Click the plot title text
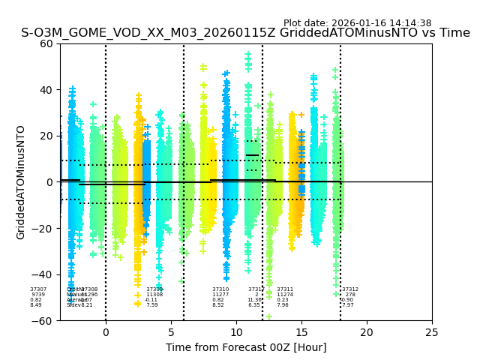pos(245,33)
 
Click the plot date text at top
pos(357,23)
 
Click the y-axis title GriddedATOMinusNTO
pos(21,182)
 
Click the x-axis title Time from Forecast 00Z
pos(246,347)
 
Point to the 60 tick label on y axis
pos(46,43)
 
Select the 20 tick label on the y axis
pos(46,136)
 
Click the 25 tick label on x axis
pos(432,332)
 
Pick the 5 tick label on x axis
pos(171,332)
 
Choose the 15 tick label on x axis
pos(301,332)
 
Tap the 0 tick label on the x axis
pos(106,332)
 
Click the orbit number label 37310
pos(220,289)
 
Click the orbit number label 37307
pos(38,289)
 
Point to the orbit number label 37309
pos(154,289)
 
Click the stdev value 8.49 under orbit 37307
pos(36,305)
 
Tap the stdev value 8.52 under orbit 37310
pos(218,305)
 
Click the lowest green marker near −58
pos(268,316)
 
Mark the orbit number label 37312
pos(350,289)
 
